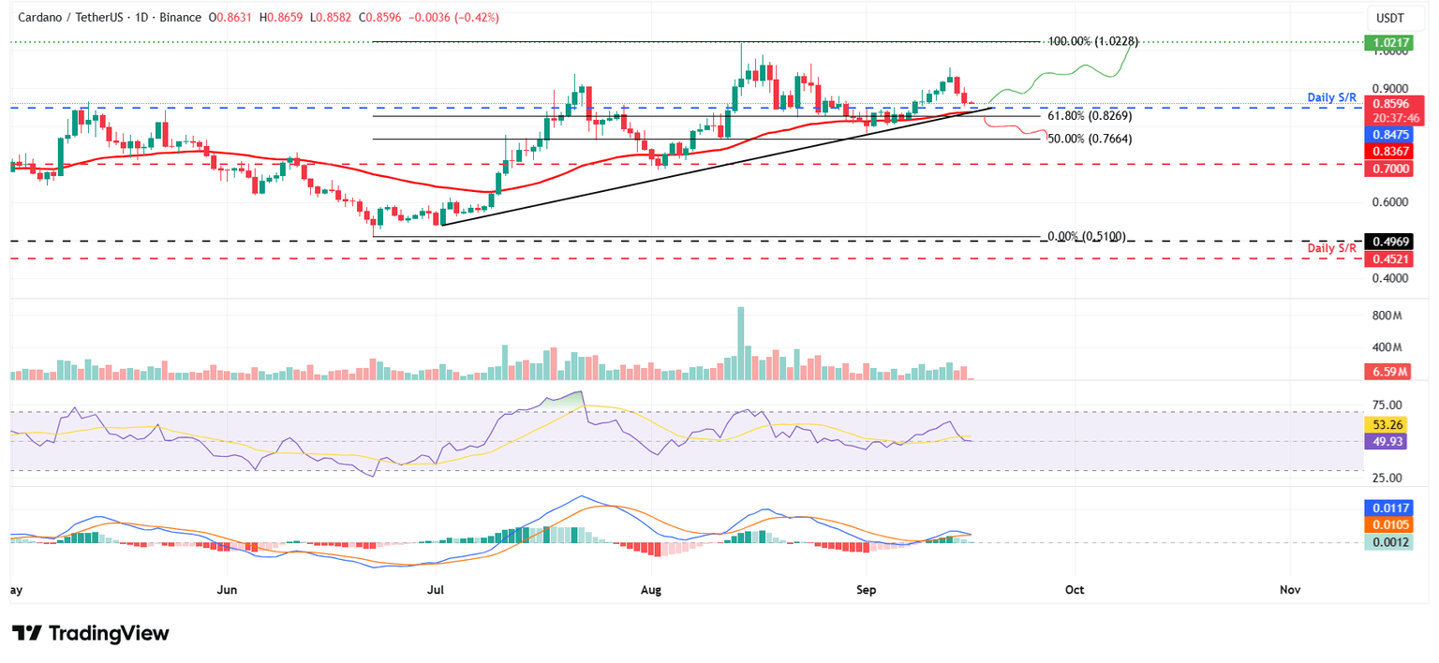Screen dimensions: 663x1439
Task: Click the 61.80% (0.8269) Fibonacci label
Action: (x=1090, y=116)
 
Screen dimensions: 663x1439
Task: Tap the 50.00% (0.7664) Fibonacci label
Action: (x=1090, y=139)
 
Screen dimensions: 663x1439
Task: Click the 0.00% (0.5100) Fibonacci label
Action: (x=1086, y=237)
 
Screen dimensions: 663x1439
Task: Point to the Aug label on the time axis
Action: (x=653, y=590)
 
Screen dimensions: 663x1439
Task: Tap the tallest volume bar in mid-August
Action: (x=741, y=343)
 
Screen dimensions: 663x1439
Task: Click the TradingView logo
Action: (x=91, y=633)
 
